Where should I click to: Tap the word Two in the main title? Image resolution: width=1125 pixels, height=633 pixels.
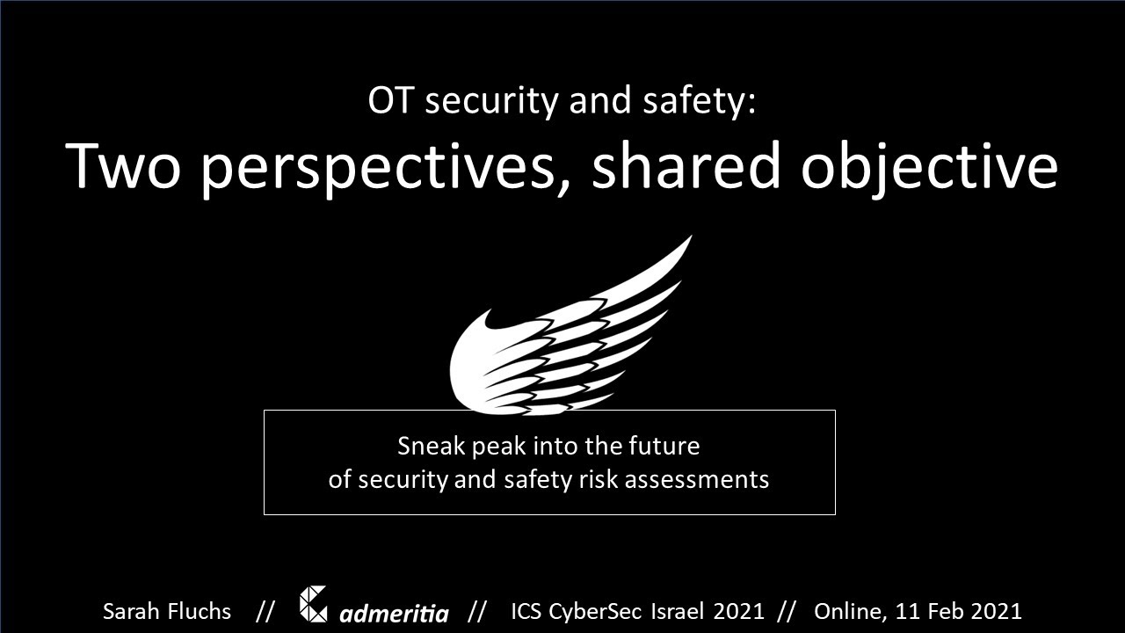click(122, 166)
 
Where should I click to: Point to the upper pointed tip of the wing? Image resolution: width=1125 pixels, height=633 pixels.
click(692, 236)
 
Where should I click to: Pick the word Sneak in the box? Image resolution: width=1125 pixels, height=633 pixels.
click(431, 446)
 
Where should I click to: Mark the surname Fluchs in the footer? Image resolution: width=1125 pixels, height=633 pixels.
click(199, 611)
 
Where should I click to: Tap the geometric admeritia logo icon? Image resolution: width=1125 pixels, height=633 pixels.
click(314, 604)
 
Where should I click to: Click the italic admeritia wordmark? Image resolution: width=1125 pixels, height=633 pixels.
click(395, 613)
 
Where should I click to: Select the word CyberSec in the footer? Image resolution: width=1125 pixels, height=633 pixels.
click(595, 612)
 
